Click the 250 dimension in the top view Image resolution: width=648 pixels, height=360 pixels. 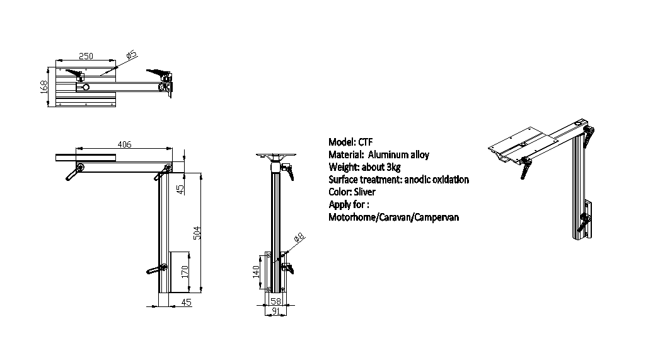click(x=86, y=56)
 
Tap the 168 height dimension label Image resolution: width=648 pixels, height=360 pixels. click(x=44, y=87)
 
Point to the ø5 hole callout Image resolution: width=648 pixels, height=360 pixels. click(x=131, y=55)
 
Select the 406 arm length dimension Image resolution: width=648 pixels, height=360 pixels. click(x=124, y=144)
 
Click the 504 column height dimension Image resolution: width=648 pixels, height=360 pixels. click(x=197, y=233)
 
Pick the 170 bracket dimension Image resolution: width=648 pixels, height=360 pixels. click(x=185, y=272)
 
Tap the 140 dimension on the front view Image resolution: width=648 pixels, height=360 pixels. click(x=256, y=272)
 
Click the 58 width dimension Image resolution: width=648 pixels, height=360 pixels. click(x=275, y=301)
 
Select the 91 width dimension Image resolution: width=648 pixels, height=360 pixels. click(x=275, y=311)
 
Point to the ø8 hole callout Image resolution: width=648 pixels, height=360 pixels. click(x=299, y=237)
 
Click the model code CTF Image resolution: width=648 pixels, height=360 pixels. click(x=366, y=142)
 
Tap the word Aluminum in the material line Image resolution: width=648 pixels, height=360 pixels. click(x=386, y=154)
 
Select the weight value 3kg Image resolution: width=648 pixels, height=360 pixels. click(x=393, y=167)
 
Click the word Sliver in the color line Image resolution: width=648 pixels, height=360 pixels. click(x=364, y=192)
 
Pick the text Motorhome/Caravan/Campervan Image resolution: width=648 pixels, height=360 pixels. click(x=393, y=217)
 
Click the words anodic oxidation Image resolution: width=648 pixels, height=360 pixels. click(x=436, y=180)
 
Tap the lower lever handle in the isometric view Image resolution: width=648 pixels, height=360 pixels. click(x=584, y=223)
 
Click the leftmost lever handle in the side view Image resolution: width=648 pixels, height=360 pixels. click(x=74, y=172)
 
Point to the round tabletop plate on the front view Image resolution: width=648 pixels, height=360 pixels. click(x=275, y=155)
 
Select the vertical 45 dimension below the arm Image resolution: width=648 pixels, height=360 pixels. click(x=180, y=189)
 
